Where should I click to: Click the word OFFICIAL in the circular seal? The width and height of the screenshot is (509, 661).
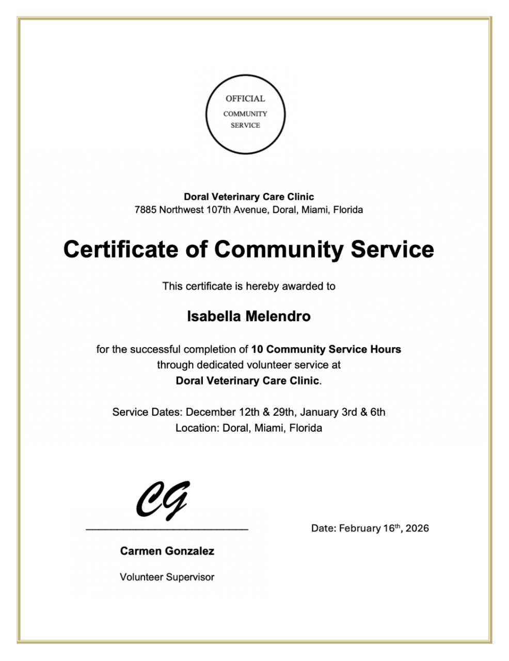coord(245,99)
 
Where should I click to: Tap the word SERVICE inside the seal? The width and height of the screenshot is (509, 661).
coord(245,125)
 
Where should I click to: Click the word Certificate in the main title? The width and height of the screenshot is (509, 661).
coord(120,249)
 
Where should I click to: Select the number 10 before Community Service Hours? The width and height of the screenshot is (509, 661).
coord(257,350)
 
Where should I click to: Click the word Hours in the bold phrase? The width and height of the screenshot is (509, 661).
coord(385,350)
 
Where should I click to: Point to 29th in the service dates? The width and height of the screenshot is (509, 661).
coord(283,412)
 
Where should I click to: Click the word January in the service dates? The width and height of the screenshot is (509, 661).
coord(319,412)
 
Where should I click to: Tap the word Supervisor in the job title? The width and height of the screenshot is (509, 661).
coord(190,577)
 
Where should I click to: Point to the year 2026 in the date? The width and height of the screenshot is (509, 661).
coord(417,528)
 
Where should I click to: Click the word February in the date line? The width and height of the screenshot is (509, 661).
coord(360,528)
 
